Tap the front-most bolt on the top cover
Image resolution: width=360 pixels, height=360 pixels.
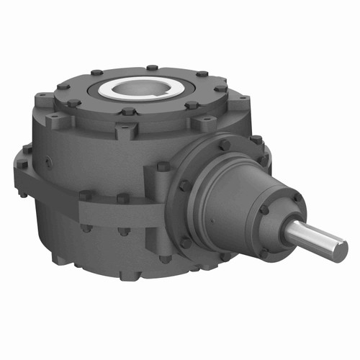pyautogui.click(x=128, y=112)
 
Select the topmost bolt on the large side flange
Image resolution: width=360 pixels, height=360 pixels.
pyautogui.click(x=225, y=145)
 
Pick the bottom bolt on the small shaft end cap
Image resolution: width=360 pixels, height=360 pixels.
pyautogui.click(x=265, y=253)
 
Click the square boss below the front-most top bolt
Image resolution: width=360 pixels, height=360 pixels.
pyautogui.click(x=127, y=132)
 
